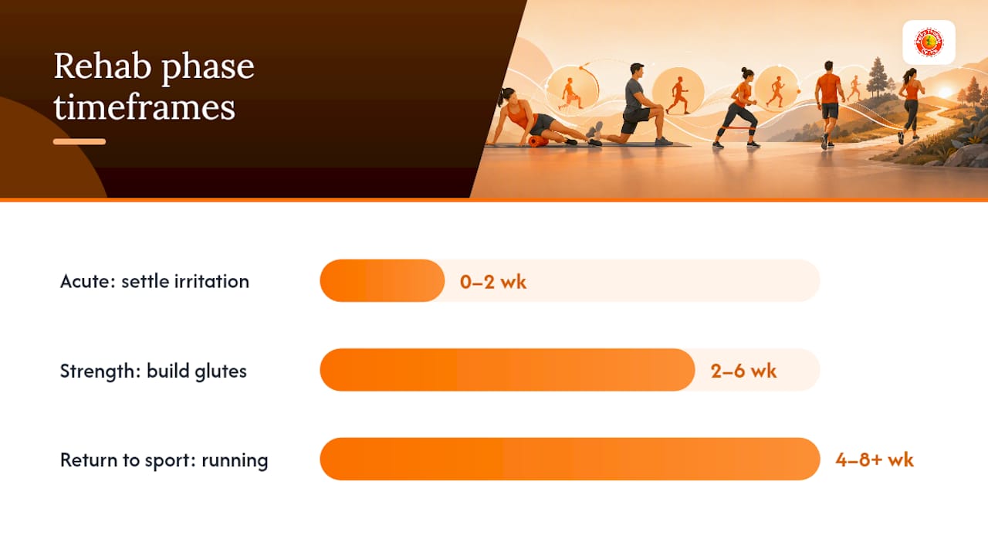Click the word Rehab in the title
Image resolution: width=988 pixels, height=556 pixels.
pos(103,66)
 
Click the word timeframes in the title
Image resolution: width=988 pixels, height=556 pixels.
pos(144,107)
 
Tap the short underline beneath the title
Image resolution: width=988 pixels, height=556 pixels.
pos(80,141)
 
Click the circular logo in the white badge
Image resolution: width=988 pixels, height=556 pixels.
pos(929,42)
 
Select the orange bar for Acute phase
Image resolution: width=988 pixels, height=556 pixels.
pos(382,280)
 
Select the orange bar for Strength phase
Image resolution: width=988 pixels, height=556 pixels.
pos(507,370)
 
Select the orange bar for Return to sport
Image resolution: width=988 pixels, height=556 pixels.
pos(570,459)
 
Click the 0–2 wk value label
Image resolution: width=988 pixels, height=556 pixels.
pos(492,282)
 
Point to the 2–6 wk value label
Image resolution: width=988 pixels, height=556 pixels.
pos(743,371)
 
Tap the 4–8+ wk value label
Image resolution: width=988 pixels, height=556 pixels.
pos(875,460)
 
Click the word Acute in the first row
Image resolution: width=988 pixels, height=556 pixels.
pos(88,282)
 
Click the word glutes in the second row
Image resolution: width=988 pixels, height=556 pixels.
pos(220,371)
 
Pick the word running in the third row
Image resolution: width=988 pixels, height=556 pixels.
pos(235,461)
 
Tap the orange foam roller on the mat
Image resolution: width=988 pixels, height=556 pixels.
pos(538,141)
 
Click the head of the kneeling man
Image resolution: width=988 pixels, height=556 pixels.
pos(637,70)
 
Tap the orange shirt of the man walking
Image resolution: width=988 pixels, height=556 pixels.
pos(829,88)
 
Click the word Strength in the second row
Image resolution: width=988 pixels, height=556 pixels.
pos(100,371)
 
